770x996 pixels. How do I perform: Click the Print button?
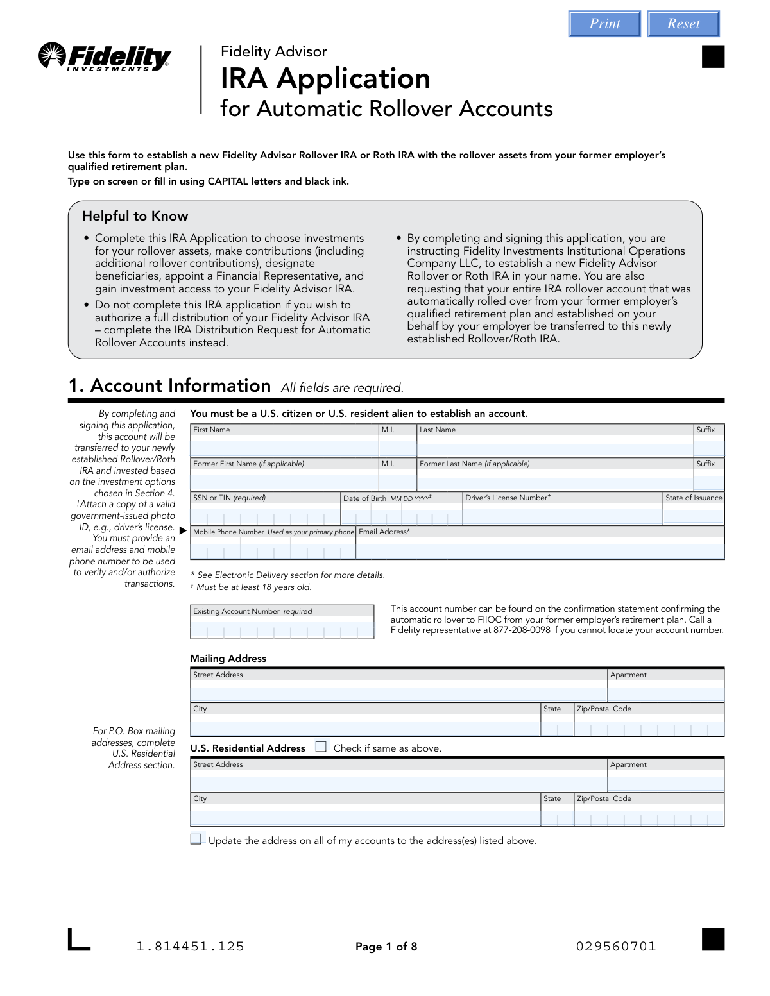click(x=604, y=24)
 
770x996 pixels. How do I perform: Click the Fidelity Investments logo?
click(x=105, y=57)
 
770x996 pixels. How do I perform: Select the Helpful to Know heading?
click(x=135, y=216)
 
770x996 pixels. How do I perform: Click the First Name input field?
click(x=284, y=447)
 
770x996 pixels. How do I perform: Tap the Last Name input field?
click(x=555, y=447)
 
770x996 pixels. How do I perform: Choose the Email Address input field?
click(x=540, y=550)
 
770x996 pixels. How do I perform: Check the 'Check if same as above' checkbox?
click(x=321, y=747)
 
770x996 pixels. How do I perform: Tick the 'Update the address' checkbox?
click(x=196, y=840)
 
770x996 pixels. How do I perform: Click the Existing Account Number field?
click(x=282, y=630)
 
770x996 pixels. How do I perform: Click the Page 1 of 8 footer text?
click(x=386, y=947)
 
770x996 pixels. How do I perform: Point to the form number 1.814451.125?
click(x=190, y=947)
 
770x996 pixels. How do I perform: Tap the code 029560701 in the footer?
click(x=616, y=947)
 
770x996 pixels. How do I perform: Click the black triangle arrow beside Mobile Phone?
click(x=183, y=531)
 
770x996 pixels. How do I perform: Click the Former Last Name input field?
click(x=555, y=481)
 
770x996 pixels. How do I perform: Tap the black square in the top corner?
click(x=713, y=56)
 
